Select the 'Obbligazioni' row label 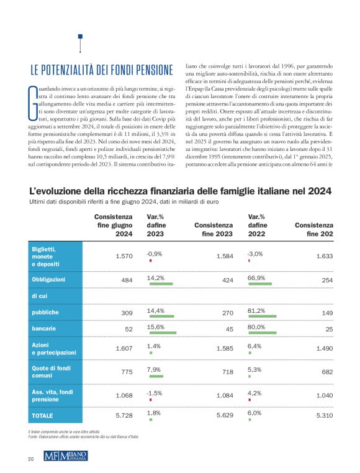(52, 280)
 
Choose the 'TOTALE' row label (43, 415)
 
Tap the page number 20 (30, 459)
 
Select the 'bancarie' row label (44, 328)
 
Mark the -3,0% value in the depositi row (254, 254)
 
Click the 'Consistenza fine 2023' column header (214, 229)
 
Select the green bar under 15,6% (162, 333)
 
